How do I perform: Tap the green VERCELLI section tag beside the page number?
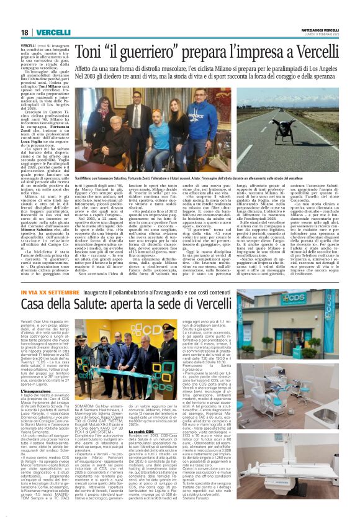point(52,32)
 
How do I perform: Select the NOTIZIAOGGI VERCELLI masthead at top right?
point(317,29)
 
